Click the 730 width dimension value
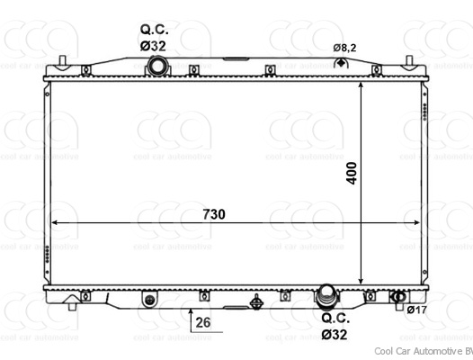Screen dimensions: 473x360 [x=214, y=214]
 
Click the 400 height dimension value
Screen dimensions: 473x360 [x=352, y=173]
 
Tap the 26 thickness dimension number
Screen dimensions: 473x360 [x=203, y=322]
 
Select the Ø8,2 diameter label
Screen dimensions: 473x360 [x=344, y=48]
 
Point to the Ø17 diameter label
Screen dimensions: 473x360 [x=416, y=310]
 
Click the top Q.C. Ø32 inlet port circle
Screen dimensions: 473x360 [x=156, y=67]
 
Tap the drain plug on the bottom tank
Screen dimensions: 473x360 [x=256, y=302]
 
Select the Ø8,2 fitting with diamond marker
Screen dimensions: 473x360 [x=341, y=63]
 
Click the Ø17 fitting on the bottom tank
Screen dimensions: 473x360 [x=398, y=297]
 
